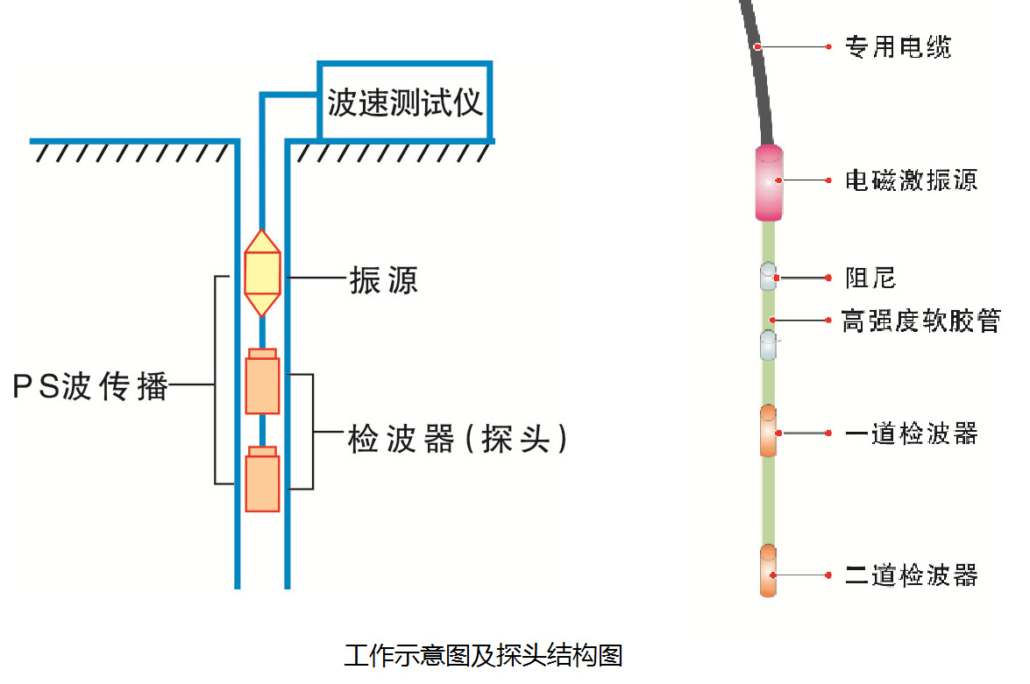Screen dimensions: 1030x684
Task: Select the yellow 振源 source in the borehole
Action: (262, 273)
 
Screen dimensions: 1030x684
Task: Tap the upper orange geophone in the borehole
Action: (262, 381)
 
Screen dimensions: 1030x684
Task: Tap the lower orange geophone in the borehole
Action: (262, 479)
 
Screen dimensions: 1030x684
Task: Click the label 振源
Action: (384, 280)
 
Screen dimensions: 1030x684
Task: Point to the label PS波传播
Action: (90, 386)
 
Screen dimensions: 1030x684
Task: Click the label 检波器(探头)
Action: (458, 439)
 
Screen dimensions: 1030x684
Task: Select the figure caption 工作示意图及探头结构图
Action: (484, 655)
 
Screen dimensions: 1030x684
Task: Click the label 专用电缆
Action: (898, 46)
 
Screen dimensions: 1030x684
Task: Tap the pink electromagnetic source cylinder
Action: (769, 183)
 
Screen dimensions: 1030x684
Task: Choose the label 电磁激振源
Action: (912, 180)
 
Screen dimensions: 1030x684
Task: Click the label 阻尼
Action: (870, 278)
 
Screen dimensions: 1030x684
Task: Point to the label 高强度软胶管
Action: (921, 321)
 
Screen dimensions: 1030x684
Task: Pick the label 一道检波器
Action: (912, 434)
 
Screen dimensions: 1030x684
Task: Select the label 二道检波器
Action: (912, 575)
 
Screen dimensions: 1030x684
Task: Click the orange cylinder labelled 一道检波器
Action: (768, 431)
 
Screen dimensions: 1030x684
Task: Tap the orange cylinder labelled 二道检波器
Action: (768, 570)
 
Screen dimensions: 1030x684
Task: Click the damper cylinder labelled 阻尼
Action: (768, 277)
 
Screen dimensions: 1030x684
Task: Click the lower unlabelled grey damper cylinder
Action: (768, 345)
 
